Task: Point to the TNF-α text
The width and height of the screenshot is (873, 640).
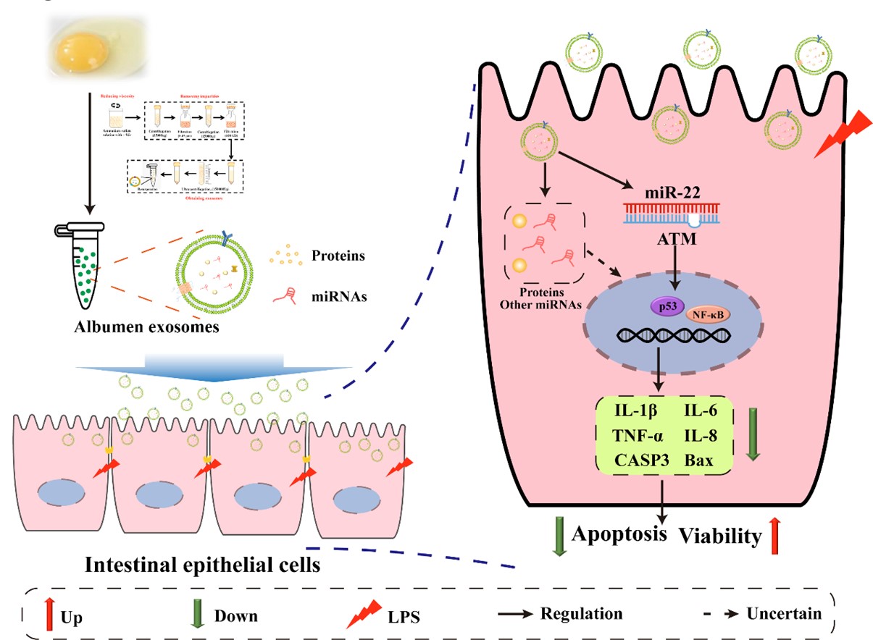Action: pos(632,436)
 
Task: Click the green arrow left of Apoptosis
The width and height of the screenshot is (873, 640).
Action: pos(559,537)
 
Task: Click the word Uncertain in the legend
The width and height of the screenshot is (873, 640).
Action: pos(786,613)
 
